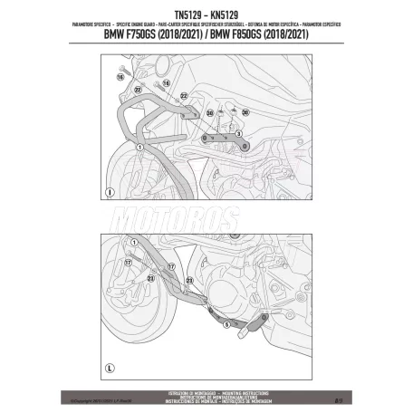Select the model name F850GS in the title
tap(264, 35)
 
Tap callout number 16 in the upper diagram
tap(119, 79)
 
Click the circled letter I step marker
tap(108, 191)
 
